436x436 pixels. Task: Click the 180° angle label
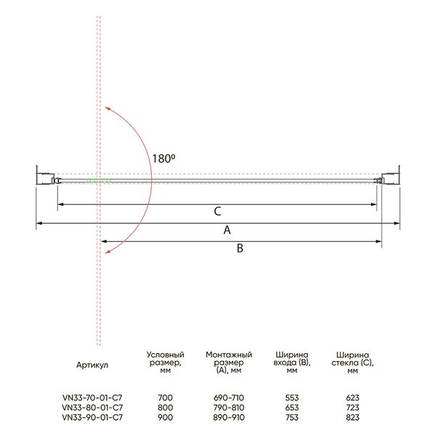pos(163,158)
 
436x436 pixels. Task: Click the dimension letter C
pos(218,211)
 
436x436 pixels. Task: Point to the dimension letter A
pos(227,230)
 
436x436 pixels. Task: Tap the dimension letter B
pos(240,248)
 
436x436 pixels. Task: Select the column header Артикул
pos(92,365)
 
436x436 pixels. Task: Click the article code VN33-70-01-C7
pos(92,397)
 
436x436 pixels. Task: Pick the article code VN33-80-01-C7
pos(92,408)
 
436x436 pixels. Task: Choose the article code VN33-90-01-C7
pos(92,417)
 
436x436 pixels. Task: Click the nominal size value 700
pos(165,397)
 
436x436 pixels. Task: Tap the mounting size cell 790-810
pos(229,408)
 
